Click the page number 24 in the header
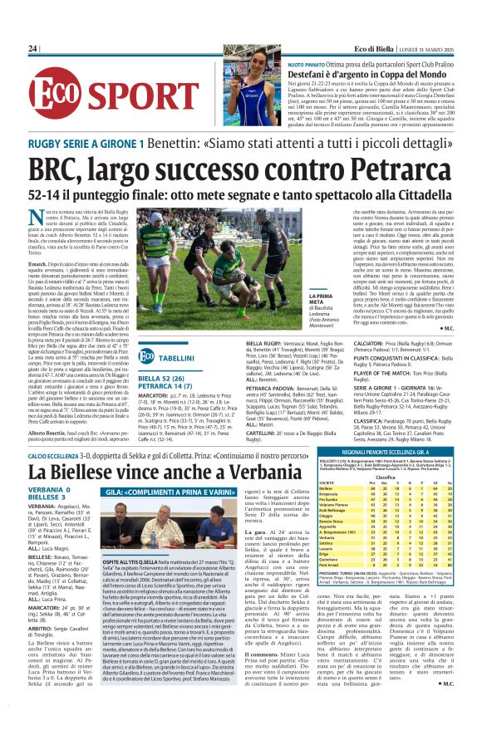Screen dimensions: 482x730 pyautogui.click(x=33, y=49)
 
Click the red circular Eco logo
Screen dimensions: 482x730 pyautogui.click(x=55, y=94)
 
